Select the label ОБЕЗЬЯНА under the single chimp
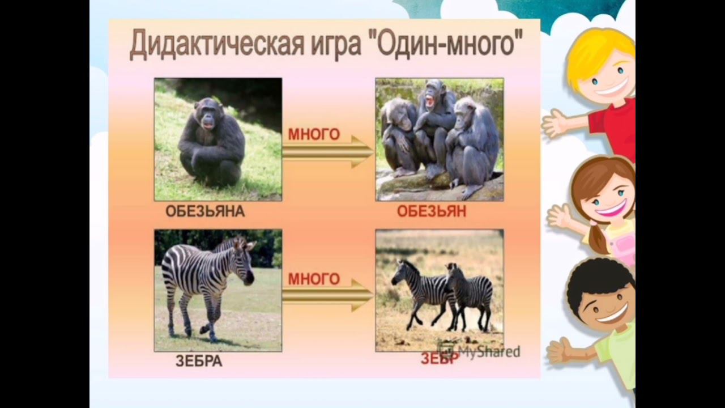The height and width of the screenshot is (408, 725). (205, 212)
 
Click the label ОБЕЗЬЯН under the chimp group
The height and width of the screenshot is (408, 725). (432, 212)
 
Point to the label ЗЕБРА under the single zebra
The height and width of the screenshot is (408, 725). (199, 362)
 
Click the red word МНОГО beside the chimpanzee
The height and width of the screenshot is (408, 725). (314, 135)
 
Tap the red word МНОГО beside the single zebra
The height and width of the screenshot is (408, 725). (314, 279)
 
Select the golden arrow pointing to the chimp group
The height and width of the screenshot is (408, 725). (327, 152)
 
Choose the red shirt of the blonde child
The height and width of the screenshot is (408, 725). (615, 127)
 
